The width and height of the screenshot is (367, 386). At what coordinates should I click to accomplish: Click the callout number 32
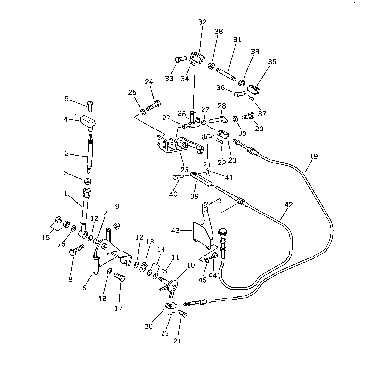pyautogui.click(x=203, y=22)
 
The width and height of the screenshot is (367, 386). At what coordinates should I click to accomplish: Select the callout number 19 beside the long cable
pyautogui.click(x=314, y=156)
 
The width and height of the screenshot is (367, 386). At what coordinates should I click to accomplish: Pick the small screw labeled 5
pyautogui.click(x=90, y=104)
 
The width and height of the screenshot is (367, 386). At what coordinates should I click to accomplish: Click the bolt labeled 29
pyautogui.click(x=248, y=117)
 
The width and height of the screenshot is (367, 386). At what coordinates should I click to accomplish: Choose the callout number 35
pyautogui.click(x=272, y=62)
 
